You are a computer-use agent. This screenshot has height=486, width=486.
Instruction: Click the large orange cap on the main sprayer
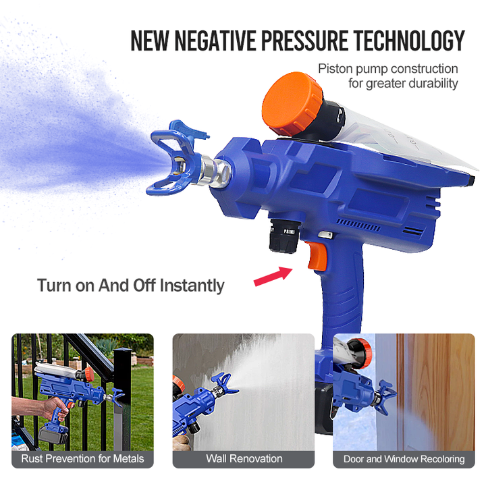pyautogui.click(x=292, y=103)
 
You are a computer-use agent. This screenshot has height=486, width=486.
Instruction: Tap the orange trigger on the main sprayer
pyautogui.click(x=317, y=255)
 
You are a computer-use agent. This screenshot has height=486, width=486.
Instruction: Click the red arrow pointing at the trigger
pyautogui.click(x=273, y=275)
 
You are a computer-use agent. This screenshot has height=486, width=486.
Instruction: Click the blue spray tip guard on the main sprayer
pyautogui.click(x=173, y=157)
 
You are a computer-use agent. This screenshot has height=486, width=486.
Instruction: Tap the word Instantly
pyautogui.click(x=192, y=286)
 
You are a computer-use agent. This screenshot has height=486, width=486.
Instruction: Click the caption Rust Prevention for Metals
pyautogui.click(x=82, y=459)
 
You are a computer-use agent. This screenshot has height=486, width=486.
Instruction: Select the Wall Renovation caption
pyautogui.click(x=244, y=459)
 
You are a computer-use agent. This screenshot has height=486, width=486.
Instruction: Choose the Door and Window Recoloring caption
pyautogui.click(x=404, y=459)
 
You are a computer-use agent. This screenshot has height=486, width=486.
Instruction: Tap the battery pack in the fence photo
pyautogui.click(x=53, y=434)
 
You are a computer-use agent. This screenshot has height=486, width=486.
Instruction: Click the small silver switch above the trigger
pyautogui.click(x=325, y=235)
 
